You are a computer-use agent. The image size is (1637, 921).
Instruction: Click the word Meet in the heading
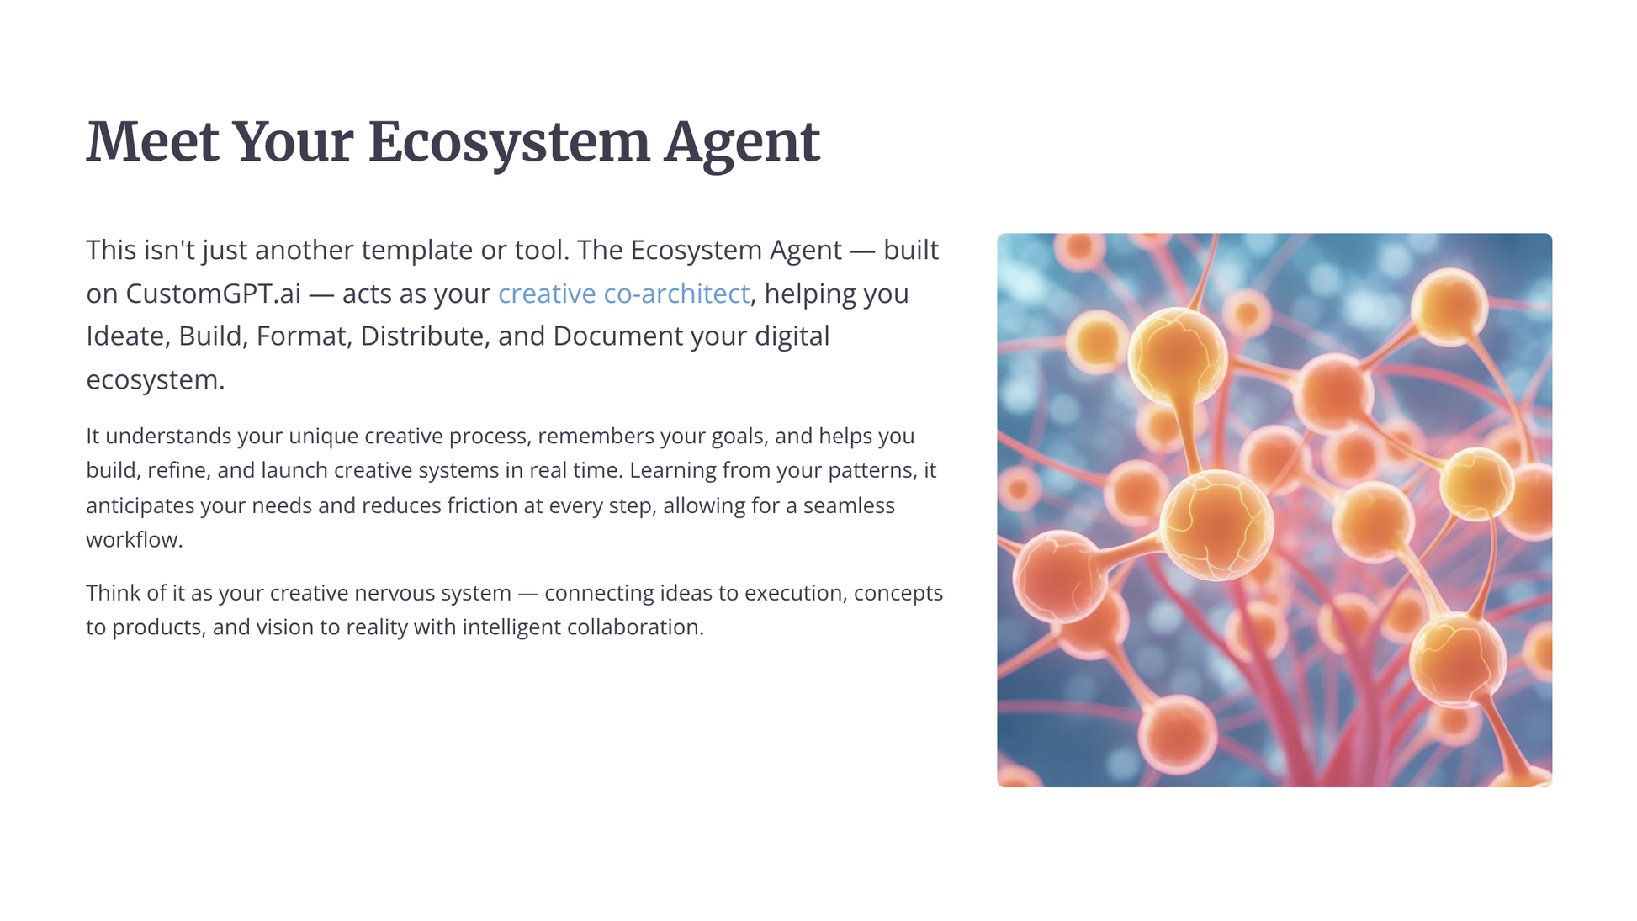click(152, 142)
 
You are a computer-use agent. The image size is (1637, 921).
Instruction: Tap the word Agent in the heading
click(741, 142)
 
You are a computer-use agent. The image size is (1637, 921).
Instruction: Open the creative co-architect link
click(623, 294)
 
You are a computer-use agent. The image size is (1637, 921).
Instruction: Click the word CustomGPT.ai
click(213, 294)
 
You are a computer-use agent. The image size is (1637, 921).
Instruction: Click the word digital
click(792, 336)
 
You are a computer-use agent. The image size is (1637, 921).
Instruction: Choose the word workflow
click(134, 540)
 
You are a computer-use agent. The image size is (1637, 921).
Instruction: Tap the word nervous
click(390, 593)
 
